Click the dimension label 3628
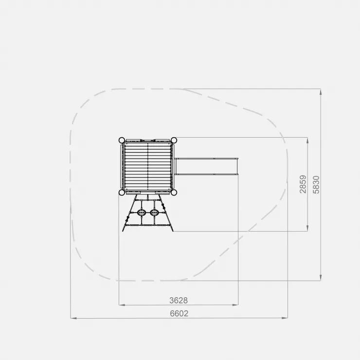(x=179, y=300)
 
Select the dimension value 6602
(x=179, y=313)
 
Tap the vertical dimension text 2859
(x=303, y=184)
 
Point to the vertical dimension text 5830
(x=316, y=185)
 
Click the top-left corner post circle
(x=122, y=140)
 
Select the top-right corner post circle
(x=174, y=140)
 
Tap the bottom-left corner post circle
(x=122, y=192)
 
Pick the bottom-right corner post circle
(x=174, y=192)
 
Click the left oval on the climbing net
(x=142, y=213)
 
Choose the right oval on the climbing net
(x=154, y=213)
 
